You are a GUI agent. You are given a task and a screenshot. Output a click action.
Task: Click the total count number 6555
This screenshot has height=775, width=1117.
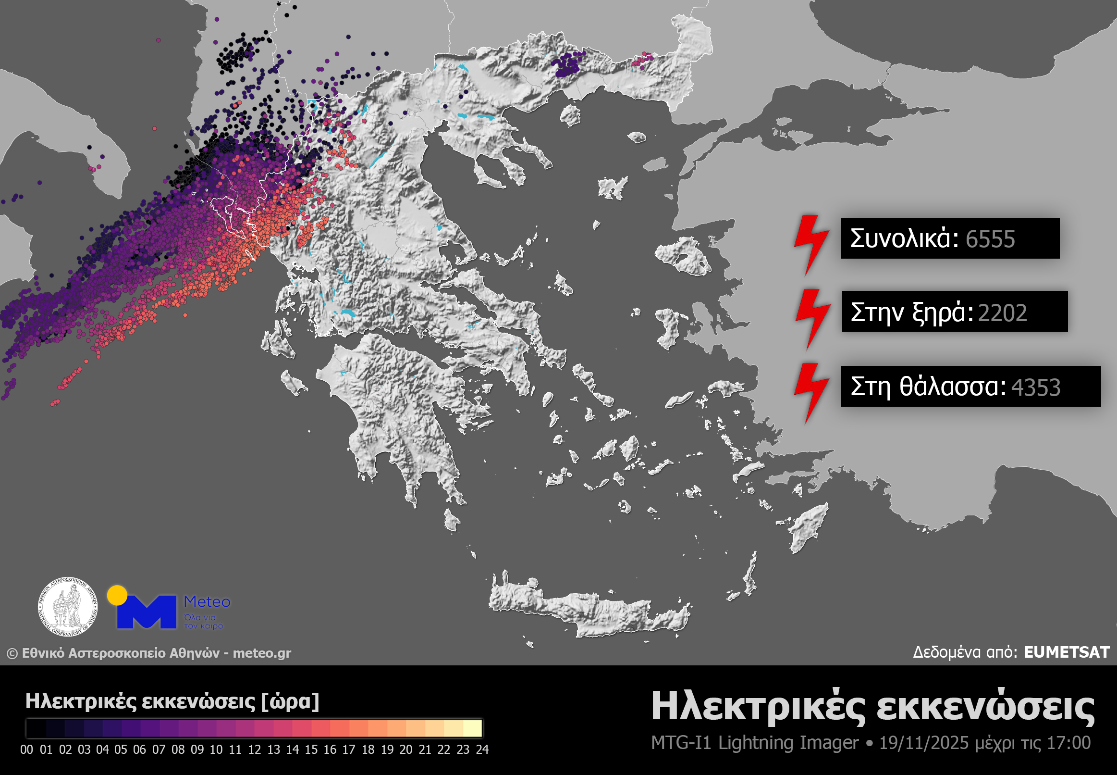[x=990, y=239]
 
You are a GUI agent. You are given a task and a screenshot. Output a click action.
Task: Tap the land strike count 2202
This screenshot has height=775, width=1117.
[x=1002, y=312]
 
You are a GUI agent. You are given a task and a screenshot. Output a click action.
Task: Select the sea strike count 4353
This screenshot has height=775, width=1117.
[x=1035, y=387]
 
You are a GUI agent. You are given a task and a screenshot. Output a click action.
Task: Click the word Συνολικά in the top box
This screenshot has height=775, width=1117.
[x=904, y=238]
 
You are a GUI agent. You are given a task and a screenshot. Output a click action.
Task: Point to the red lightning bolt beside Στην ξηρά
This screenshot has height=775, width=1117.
[x=812, y=319]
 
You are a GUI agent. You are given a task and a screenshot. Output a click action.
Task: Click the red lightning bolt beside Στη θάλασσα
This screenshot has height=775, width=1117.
[x=811, y=392]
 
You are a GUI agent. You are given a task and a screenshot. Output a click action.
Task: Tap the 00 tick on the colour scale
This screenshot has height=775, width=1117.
[x=27, y=749]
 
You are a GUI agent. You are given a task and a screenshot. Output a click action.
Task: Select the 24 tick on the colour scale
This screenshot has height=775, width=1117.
[x=482, y=749]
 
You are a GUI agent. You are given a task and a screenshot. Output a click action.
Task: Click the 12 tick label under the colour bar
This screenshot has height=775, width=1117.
[x=254, y=749]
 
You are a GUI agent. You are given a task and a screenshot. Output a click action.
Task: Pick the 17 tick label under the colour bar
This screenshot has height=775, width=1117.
[x=349, y=749]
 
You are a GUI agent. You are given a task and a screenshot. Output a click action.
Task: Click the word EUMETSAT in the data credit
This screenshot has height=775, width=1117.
[x=1067, y=652]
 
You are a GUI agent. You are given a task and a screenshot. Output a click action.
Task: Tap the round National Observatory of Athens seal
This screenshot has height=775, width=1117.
[x=68, y=607]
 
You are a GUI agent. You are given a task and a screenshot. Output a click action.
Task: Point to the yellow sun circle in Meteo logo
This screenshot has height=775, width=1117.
[x=117, y=595]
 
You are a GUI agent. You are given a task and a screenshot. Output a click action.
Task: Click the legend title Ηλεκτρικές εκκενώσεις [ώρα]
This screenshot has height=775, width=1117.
[x=172, y=701]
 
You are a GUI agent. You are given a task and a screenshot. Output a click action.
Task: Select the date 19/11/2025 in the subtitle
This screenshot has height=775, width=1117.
[x=923, y=743]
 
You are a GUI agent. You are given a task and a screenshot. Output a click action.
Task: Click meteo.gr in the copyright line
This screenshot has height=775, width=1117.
[x=261, y=653]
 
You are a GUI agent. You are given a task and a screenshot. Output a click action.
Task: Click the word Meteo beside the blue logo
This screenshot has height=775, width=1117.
[x=207, y=601]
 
